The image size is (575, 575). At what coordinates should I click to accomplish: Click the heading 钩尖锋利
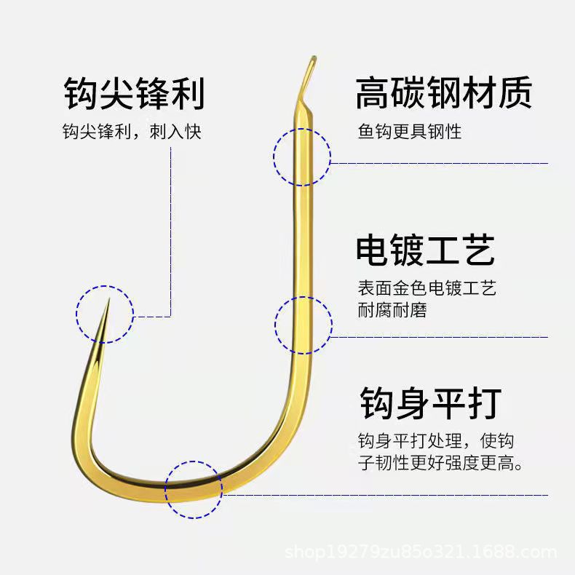[x=134, y=95]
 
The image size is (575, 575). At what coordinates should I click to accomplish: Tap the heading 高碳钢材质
[x=444, y=94]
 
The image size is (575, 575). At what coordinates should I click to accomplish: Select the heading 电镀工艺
[x=426, y=250]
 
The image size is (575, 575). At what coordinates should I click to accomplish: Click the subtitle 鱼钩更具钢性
[x=410, y=132]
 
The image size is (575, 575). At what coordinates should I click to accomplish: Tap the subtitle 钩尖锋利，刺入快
[x=131, y=132]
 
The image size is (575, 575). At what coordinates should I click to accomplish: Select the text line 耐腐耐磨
[x=392, y=310]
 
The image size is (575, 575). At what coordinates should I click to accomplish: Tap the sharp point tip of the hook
[x=107, y=301]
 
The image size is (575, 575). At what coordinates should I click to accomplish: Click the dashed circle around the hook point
[x=105, y=314]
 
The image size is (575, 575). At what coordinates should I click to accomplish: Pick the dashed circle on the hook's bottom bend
[x=194, y=490]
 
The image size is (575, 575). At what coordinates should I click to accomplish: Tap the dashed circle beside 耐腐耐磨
[x=304, y=325]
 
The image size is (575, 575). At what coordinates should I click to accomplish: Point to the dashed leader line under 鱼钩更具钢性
[x=437, y=163]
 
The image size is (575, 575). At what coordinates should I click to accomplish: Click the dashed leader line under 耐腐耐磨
[x=437, y=337]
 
